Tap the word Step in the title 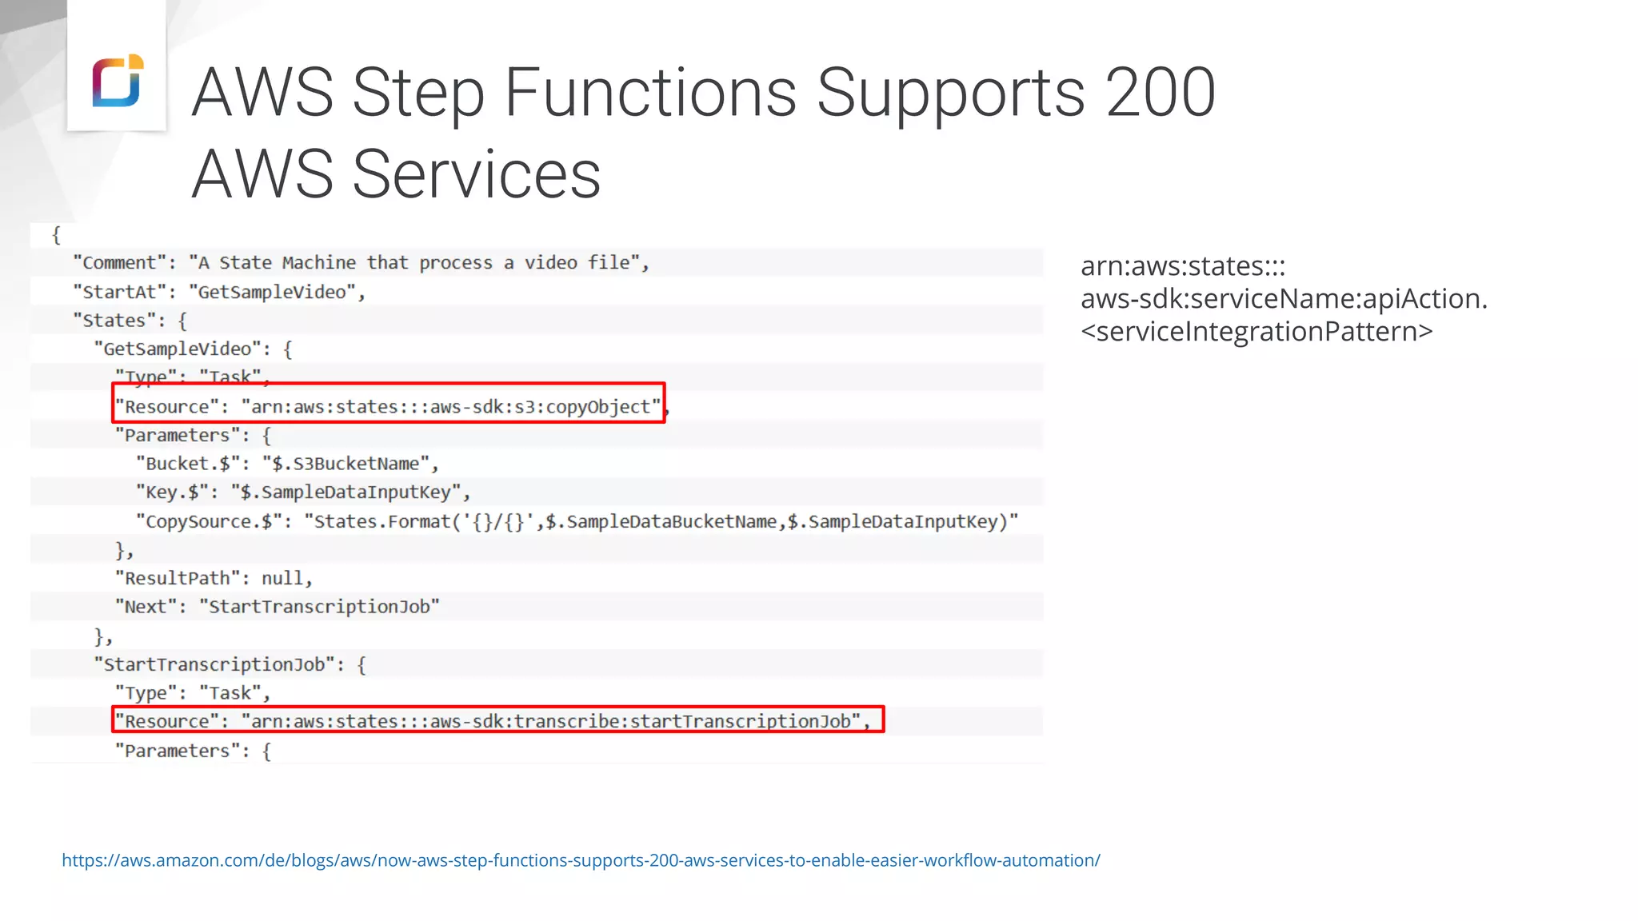(417, 94)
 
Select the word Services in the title (476, 174)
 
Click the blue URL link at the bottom (581, 860)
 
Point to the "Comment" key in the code (120, 263)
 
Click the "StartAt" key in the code (120, 292)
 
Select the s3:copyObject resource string (451, 407)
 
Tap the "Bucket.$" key (187, 464)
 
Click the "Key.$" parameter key (171, 492)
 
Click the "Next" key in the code (145, 607)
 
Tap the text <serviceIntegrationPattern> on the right (1256, 331)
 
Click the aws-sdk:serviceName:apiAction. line (1284, 298)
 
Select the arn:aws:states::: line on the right (1182, 265)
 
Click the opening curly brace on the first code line (56, 235)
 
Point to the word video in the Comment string (550, 263)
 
